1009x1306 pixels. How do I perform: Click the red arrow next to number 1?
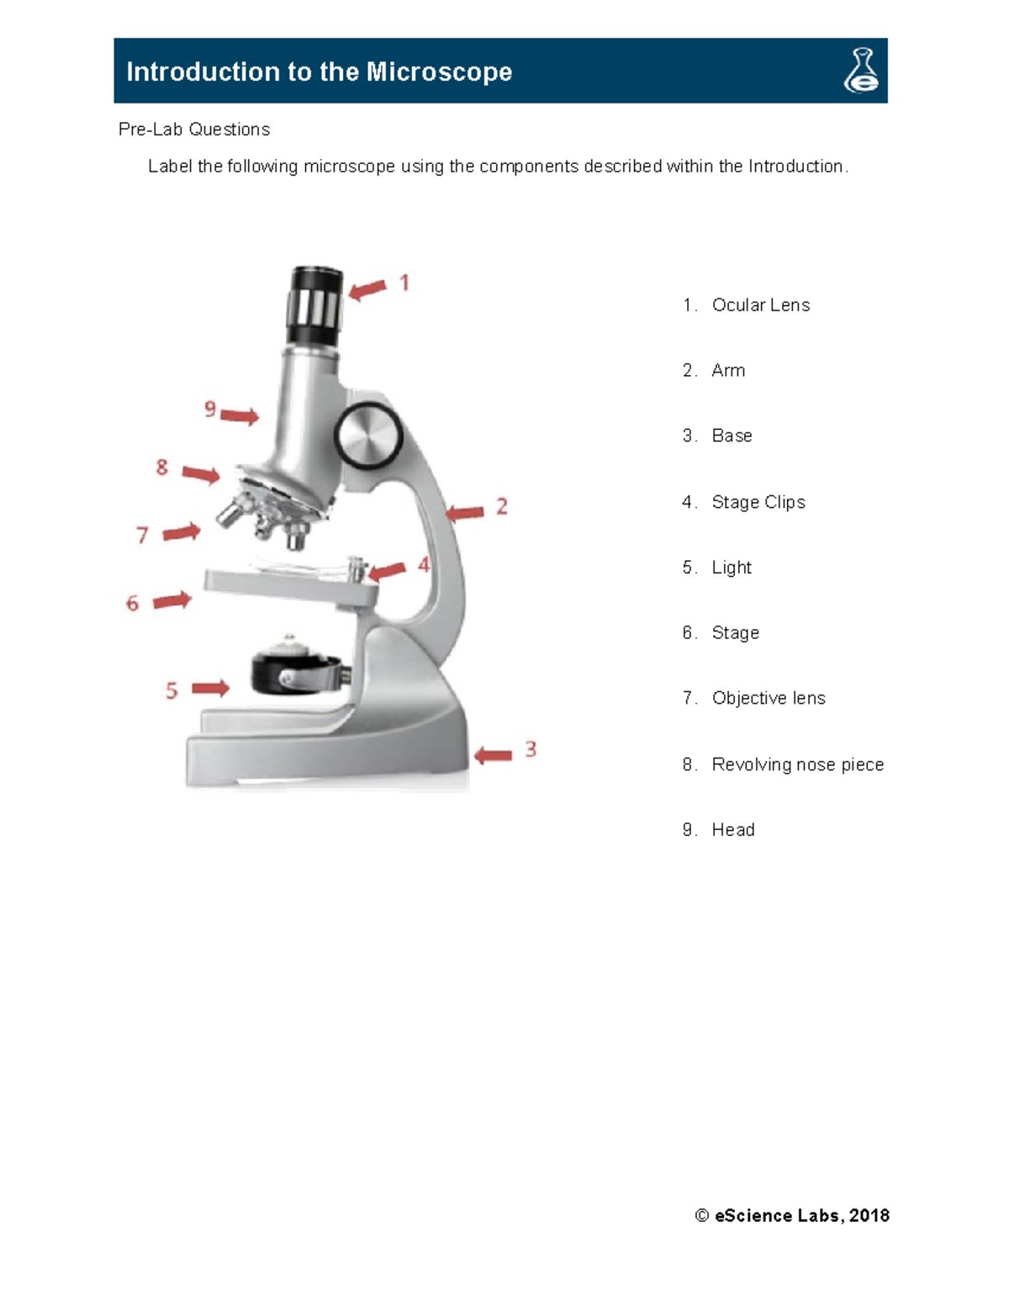[x=367, y=290]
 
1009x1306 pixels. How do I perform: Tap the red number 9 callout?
[x=210, y=410]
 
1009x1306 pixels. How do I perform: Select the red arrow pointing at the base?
[x=493, y=755]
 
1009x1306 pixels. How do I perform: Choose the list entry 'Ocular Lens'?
[x=760, y=305]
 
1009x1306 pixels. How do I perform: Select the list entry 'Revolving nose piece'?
[x=797, y=764]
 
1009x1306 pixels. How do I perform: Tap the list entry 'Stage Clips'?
[x=758, y=502]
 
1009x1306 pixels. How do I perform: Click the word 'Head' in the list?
[x=732, y=830]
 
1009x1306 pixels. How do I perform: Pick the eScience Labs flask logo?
[x=861, y=71]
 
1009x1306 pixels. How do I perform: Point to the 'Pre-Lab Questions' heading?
[x=194, y=130]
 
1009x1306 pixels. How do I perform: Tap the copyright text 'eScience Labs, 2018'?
[x=801, y=1215]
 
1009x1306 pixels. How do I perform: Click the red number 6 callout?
[x=132, y=604]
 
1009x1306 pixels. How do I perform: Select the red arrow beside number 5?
[x=210, y=689]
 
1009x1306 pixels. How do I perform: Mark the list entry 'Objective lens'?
[x=768, y=698]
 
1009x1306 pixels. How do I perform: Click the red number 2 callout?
[x=502, y=506]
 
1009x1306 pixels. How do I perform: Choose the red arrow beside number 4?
[x=387, y=572]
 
